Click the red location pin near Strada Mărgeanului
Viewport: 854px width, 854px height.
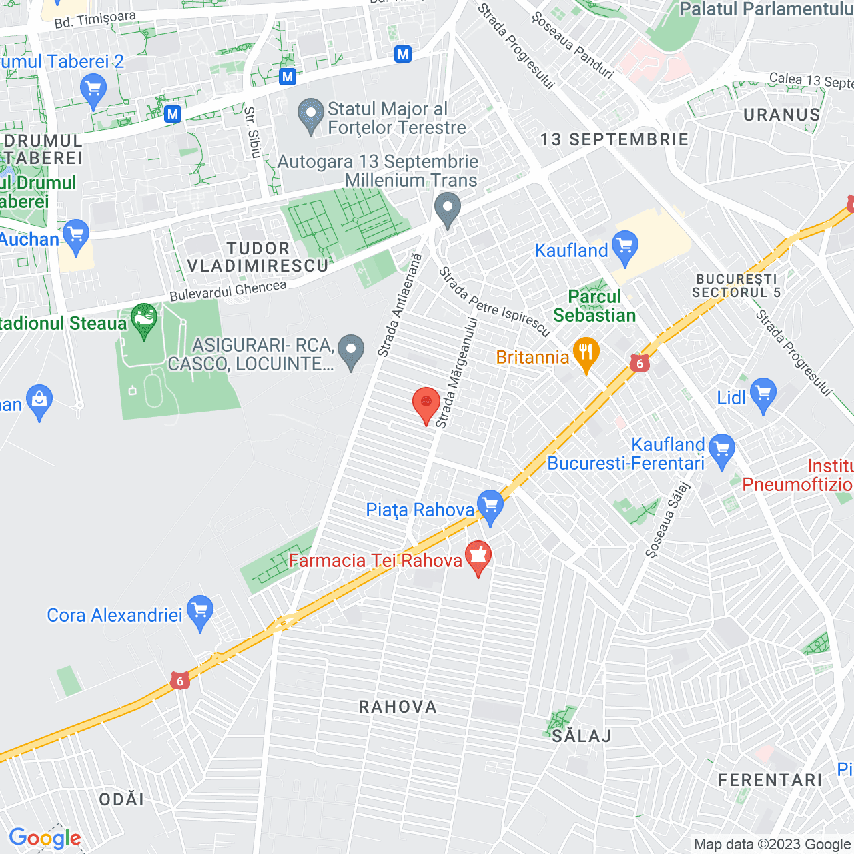426,404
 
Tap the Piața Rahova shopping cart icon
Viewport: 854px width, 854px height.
490,506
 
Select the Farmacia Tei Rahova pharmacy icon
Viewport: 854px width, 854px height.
478,556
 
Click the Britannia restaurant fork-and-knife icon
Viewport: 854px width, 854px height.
586,354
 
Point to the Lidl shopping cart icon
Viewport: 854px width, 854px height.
763,394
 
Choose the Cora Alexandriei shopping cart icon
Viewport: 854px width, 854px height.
200,611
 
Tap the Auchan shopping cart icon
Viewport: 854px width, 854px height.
76,235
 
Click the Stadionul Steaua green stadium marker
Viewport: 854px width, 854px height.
144,320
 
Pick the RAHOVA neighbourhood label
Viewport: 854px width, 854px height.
398,707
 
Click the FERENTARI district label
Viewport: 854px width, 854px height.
770,780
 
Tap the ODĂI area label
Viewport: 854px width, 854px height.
121,799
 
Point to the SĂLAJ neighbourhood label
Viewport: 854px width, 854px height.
582,736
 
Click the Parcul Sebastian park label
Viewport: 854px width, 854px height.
594,306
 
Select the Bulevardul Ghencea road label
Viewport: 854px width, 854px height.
228,291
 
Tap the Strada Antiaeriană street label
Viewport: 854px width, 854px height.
400,305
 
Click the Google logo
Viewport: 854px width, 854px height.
45,838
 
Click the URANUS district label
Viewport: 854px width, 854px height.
781,115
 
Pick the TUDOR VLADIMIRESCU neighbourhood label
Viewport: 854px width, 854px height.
258,257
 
